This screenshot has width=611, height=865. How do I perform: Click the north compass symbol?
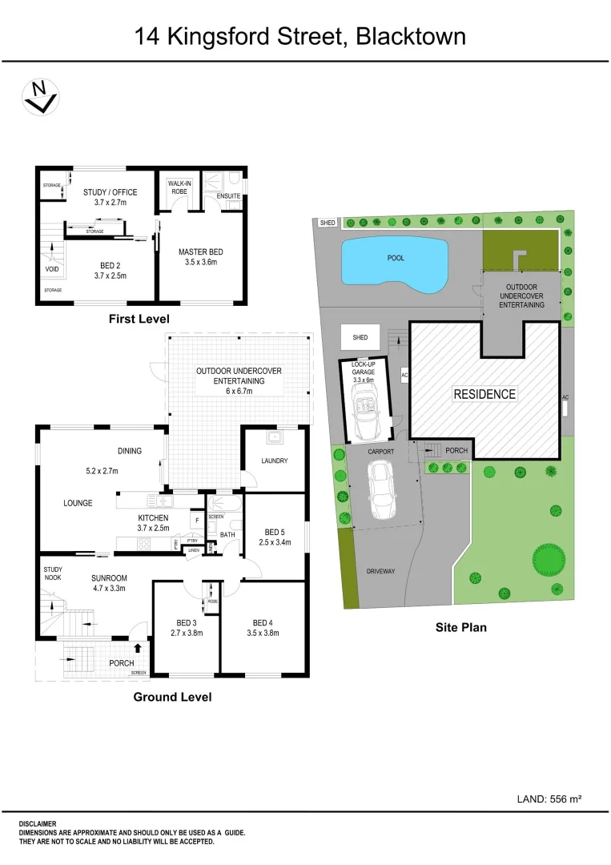click(39, 97)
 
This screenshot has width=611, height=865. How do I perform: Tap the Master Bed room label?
click(200, 251)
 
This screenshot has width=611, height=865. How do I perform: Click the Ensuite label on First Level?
click(228, 196)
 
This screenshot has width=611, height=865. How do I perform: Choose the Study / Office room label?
click(111, 192)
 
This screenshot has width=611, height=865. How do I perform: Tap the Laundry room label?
click(275, 461)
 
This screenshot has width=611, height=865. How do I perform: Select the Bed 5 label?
click(275, 532)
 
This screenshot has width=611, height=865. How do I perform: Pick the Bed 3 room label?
click(186, 622)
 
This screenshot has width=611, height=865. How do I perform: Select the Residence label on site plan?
click(484, 394)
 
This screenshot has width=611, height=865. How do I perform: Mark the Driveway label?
click(381, 571)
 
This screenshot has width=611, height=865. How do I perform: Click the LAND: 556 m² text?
click(549, 799)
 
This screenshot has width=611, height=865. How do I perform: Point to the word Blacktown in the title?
click(411, 36)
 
